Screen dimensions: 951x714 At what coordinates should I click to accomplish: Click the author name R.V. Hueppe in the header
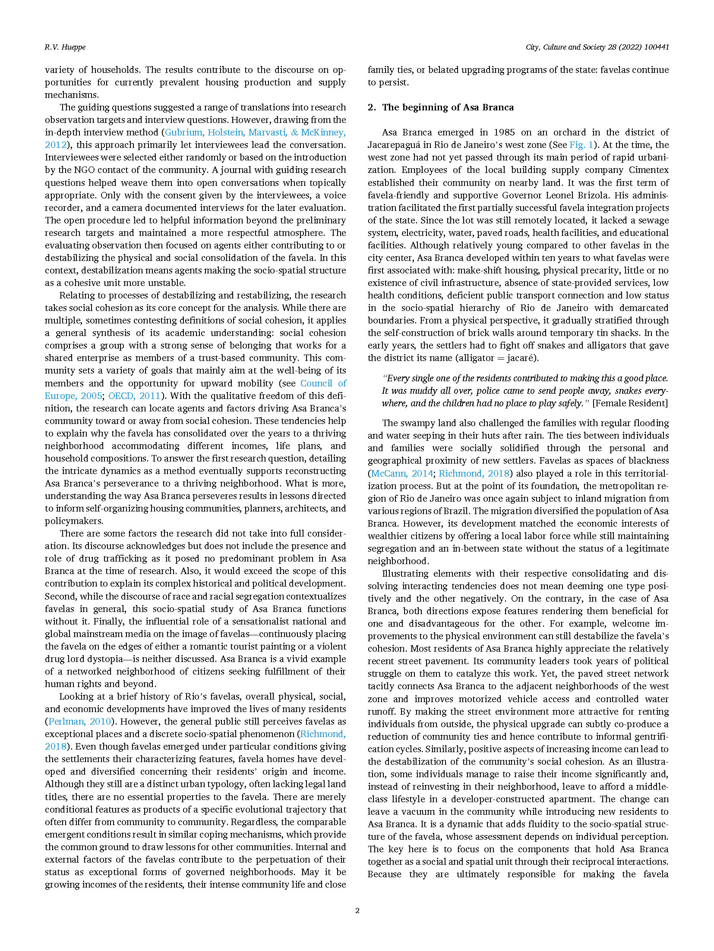[65, 47]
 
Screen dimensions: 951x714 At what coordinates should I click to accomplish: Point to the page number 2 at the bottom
[357, 910]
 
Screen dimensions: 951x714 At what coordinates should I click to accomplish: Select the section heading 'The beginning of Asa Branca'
[448, 107]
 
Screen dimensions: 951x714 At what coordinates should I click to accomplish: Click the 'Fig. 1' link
[581, 145]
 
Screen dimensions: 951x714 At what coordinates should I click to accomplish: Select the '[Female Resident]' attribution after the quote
[630, 403]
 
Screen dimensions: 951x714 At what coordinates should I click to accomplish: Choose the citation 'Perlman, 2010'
[80, 722]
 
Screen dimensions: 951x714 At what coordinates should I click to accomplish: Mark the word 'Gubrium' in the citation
[184, 132]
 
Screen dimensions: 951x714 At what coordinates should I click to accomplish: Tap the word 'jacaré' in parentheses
[521, 358]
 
